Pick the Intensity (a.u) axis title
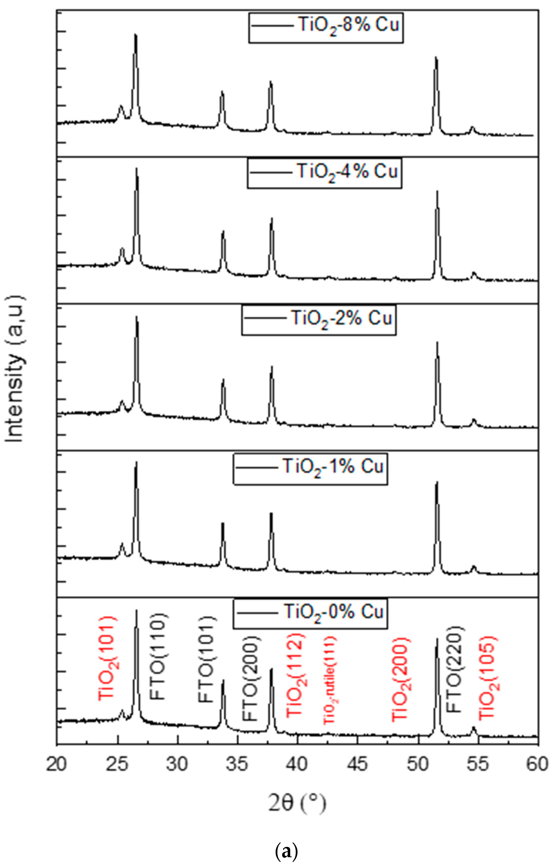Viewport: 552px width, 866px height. tap(15, 369)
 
